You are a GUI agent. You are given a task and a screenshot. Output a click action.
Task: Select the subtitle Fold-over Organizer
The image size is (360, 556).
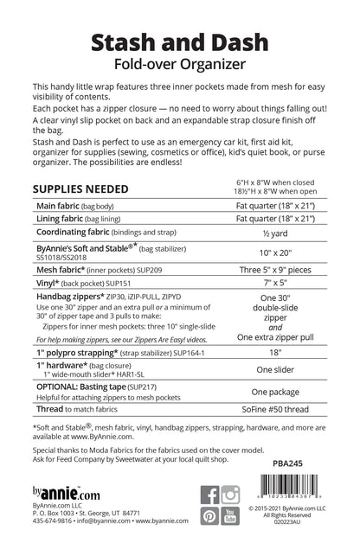pos(179,65)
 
